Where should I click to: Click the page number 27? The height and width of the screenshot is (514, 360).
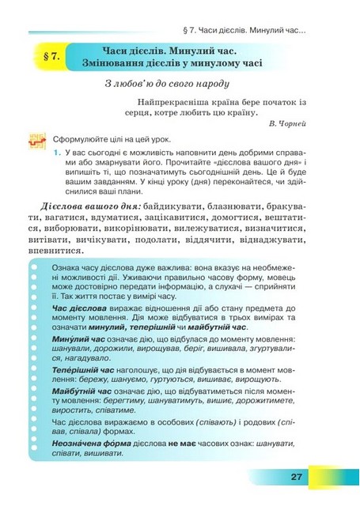click(297, 477)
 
